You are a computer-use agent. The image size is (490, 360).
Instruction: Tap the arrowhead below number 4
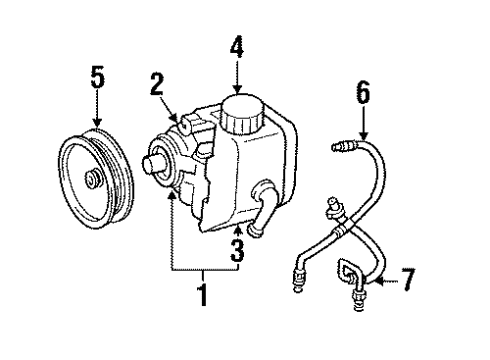click(x=237, y=89)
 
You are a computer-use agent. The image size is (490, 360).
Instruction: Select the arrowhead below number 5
click(x=96, y=122)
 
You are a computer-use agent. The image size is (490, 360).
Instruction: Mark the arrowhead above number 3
click(x=236, y=213)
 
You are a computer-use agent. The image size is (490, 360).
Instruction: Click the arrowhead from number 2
click(x=181, y=121)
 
